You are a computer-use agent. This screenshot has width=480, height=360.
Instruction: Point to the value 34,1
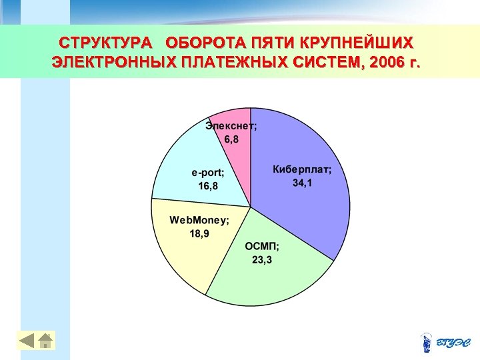coord(302,183)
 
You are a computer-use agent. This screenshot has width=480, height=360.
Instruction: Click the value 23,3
coord(261,259)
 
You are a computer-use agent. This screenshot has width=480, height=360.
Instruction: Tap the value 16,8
coord(208,185)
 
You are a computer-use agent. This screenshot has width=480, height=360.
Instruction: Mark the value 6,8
coord(231,139)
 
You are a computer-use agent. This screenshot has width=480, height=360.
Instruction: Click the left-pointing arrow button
coord(26,340)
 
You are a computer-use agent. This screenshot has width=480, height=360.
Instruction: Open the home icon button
coord(45,340)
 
